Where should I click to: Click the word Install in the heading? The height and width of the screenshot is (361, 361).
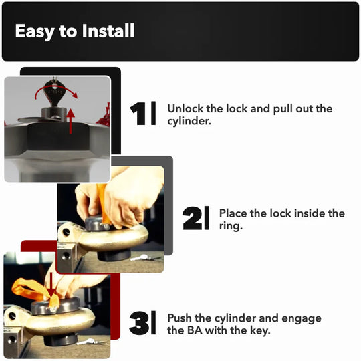coord(108,31)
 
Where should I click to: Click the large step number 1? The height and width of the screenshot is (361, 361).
coord(138,114)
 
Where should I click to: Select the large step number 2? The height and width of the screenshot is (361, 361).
coord(193,218)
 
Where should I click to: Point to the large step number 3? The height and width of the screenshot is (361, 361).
coord(139,323)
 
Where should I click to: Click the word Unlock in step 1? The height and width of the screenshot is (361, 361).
coord(185,108)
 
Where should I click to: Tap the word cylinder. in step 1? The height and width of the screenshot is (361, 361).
coord(189,121)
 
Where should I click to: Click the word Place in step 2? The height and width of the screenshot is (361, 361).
coord(233,213)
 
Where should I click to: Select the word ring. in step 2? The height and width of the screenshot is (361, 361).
coord(231,226)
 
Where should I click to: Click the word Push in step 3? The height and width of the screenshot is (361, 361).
coord(179,318)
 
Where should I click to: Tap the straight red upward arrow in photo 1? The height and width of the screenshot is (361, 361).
coord(70,121)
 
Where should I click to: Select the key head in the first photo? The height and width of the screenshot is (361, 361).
coord(54,90)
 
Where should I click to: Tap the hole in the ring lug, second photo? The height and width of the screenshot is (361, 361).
coord(66,232)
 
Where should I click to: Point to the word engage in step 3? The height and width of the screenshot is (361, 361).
coord(302,319)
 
